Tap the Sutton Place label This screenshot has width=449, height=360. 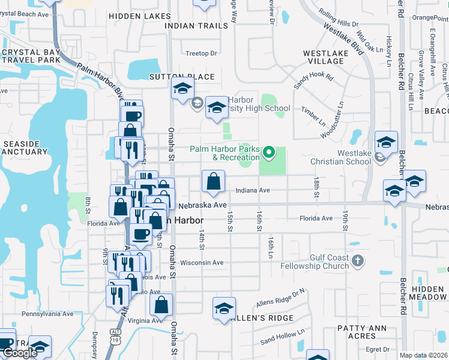click(x=173, y=77)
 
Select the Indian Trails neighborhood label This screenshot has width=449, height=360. click(x=196, y=26)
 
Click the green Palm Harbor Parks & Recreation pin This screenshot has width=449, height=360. click(x=270, y=154)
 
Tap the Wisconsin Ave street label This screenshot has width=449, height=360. click(x=202, y=263)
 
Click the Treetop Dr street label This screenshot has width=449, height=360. click(x=201, y=53)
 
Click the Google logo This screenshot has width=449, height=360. click(x=20, y=353)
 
